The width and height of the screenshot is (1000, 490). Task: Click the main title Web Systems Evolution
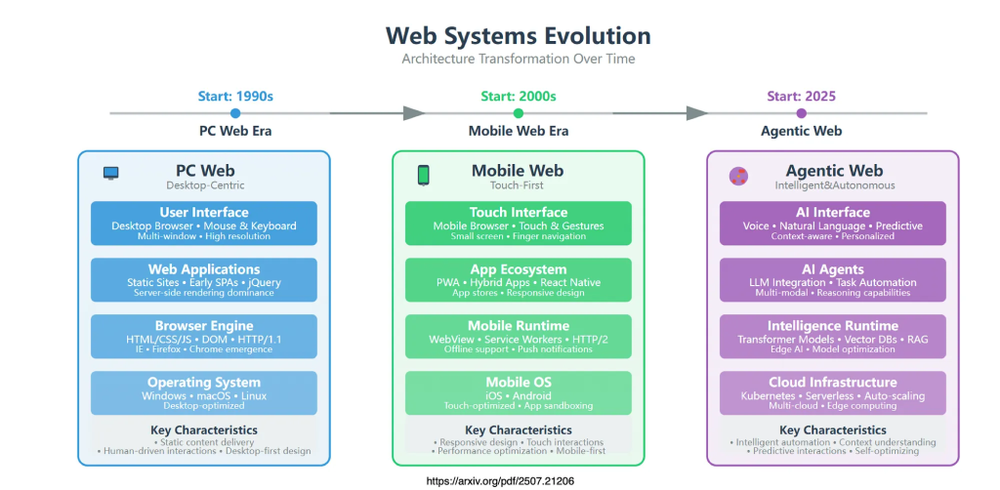pos(518,36)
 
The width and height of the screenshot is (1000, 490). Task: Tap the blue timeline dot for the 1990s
pos(235,113)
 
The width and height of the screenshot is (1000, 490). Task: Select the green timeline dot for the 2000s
pos(518,113)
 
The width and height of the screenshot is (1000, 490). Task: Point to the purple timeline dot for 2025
pos(801,113)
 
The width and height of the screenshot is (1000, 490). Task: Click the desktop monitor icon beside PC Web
pos(111,174)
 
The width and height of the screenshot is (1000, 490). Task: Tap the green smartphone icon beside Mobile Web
pos(424,175)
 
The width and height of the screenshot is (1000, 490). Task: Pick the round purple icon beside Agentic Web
pos(738,176)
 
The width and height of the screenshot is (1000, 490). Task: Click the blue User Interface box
pos(204,224)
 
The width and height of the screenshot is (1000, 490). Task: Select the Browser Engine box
pos(204,337)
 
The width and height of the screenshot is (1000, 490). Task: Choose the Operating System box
pos(204,393)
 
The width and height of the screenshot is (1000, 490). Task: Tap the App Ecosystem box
pos(518,280)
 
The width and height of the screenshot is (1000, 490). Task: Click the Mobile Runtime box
pos(518,337)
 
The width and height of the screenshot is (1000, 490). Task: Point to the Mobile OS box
pos(518,393)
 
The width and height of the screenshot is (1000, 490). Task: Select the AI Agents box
pos(832,280)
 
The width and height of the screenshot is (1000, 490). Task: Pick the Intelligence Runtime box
pos(832,337)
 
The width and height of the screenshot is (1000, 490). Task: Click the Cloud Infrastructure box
pos(832,393)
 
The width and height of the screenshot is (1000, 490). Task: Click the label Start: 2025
pos(801,96)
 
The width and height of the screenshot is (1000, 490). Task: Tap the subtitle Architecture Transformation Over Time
pos(518,59)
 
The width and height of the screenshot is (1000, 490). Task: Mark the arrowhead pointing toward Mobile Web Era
pos(414,113)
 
